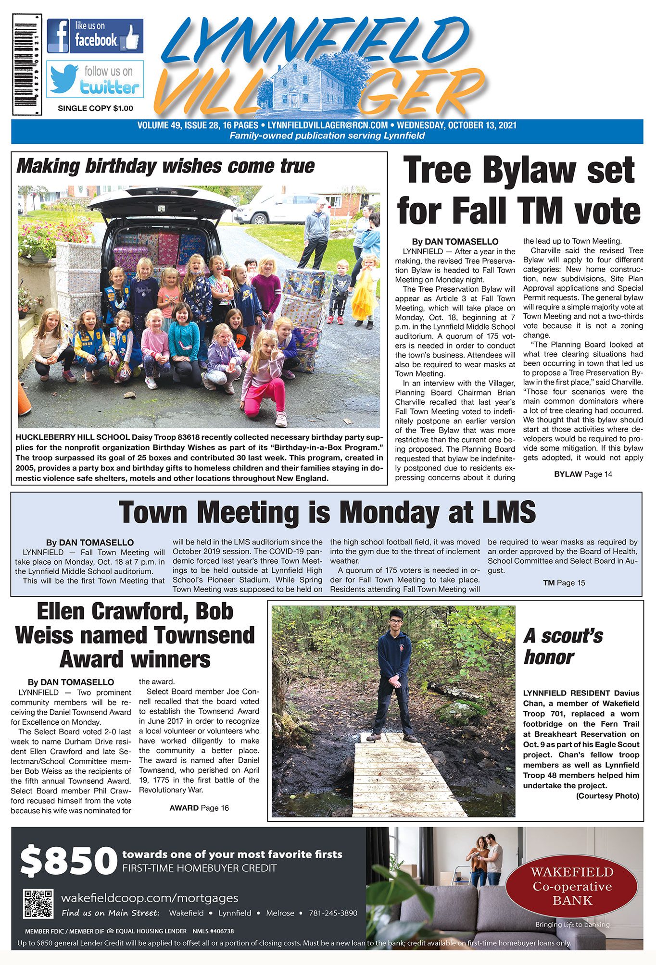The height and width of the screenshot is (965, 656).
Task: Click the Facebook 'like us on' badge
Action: click(95, 36)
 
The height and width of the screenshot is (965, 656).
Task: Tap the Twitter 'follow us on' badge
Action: click(95, 79)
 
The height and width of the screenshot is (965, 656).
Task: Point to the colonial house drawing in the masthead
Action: click(308, 85)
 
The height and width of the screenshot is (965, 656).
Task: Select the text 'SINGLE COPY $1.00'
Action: click(95, 109)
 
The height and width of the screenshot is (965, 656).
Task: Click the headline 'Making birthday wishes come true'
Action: click(165, 166)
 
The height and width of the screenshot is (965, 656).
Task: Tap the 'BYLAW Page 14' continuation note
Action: click(583, 474)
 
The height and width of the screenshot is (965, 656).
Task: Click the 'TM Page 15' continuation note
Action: click(564, 583)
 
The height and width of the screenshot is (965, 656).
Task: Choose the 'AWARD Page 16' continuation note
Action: click(199, 808)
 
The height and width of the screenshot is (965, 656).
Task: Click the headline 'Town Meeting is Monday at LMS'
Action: click(327, 512)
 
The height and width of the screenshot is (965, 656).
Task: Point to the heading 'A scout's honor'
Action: click(563, 646)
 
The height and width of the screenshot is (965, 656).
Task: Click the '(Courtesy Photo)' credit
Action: click(607, 796)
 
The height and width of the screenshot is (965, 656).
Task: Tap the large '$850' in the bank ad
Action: click(68, 861)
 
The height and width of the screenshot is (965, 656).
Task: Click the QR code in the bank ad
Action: click(38, 904)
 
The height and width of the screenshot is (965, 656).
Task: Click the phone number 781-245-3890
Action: click(333, 913)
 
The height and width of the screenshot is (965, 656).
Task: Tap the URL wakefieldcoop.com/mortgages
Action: click(150, 898)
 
